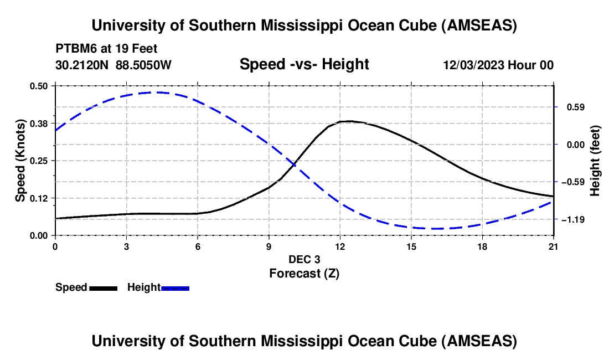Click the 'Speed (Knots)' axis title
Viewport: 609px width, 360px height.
pos(20,161)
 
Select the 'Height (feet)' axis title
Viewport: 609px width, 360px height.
pos(595,161)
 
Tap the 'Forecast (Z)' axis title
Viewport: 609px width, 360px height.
pos(304,273)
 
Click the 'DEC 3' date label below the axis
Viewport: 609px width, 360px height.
pos(304,259)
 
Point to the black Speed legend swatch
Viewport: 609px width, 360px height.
pos(103,287)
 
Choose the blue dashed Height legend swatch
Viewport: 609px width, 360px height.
pos(175,287)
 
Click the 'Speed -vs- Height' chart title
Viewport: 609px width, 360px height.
pos(304,64)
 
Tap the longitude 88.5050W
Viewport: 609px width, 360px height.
pos(143,65)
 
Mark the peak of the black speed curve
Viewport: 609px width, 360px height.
pos(347,121)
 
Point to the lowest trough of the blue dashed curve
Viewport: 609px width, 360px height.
pos(435,228)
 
